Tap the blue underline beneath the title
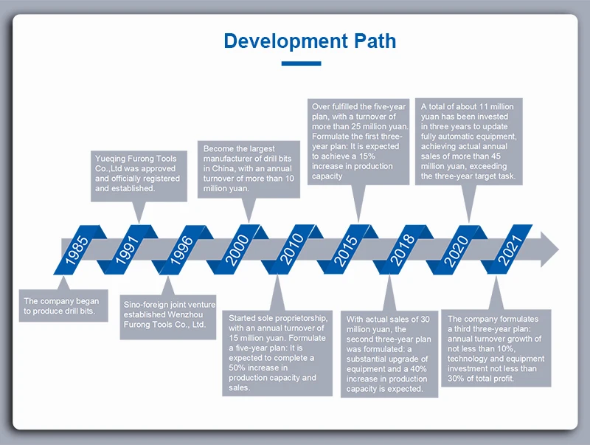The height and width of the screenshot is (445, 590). [x=301, y=63]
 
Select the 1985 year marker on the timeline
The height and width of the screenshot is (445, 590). [x=77, y=250]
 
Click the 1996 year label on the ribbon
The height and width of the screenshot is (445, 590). [x=182, y=250]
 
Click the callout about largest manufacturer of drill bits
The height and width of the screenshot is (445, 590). [x=249, y=168]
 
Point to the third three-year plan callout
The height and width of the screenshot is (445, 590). [x=496, y=348]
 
